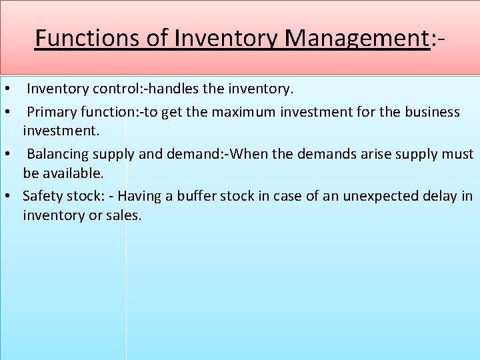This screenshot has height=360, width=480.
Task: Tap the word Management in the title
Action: (x=355, y=38)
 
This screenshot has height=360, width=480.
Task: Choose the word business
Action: (x=429, y=111)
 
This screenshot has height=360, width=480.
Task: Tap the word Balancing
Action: (x=58, y=154)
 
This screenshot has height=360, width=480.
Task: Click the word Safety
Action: (x=43, y=196)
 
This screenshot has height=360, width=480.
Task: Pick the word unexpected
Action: (x=379, y=196)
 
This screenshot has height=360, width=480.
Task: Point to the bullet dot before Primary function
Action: (x=7, y=112)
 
